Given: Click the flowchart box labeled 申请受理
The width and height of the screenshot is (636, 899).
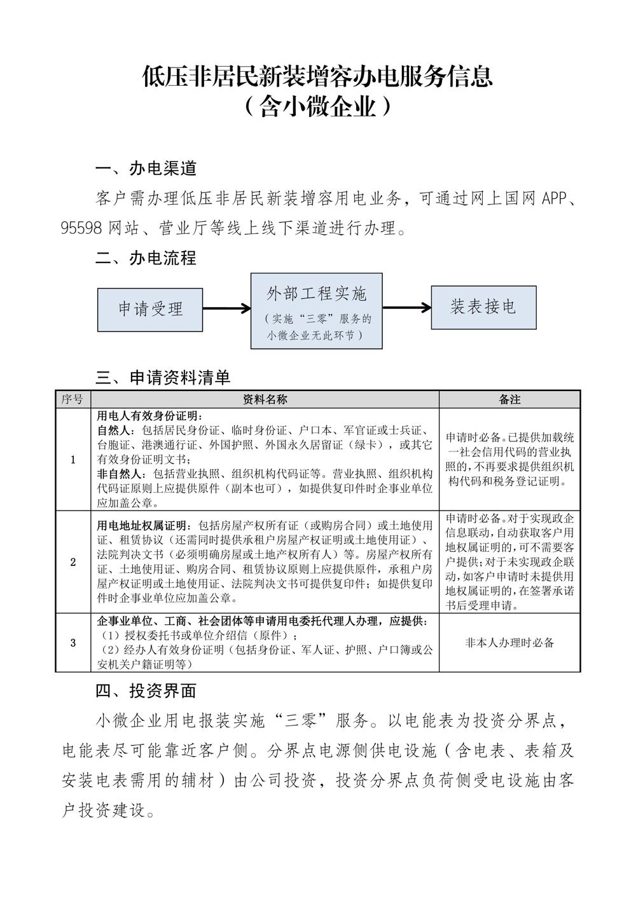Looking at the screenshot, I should (x=150, y=309).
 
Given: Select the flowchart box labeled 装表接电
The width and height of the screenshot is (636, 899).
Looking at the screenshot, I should (x=483, y=307).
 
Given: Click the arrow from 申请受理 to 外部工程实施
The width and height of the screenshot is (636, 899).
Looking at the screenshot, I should (x=227, y=309).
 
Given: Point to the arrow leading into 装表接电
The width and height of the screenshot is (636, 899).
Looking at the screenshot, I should (x=407, y=308).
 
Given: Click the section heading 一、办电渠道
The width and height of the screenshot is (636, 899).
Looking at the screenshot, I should (x=146, y=168).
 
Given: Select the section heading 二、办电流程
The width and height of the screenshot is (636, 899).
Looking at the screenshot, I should (x=146, y=258).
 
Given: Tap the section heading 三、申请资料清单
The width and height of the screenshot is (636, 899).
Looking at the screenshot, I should (x=163, y=378).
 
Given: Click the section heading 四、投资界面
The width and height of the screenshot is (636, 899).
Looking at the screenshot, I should (x=146, y=690).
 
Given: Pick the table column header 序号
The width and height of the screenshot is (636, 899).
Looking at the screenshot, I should (x=73, y=399).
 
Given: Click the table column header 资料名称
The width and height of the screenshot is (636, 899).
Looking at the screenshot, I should (x=265, y=399).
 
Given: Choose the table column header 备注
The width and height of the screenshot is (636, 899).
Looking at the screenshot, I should (x=509, y=399).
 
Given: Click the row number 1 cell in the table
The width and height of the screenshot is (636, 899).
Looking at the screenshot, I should (x=73, y=459).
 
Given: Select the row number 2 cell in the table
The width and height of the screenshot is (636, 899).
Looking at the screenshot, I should (x=73, y=562).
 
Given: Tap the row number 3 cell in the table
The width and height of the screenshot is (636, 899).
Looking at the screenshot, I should (x=73, y=643).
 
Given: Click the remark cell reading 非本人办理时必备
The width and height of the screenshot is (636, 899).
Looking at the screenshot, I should (x=509, y=643).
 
